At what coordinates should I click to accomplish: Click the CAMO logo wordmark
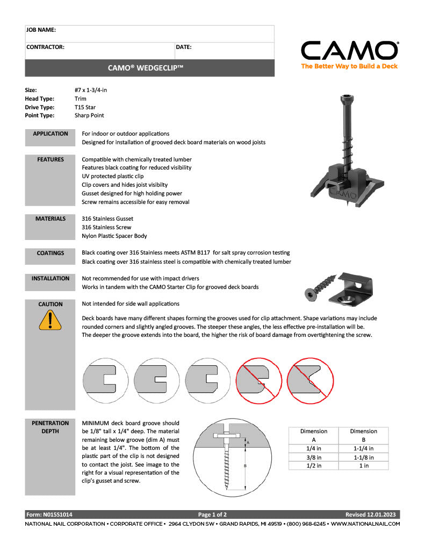349,51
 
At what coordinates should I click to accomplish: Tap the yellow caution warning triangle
50,320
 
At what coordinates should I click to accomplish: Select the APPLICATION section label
51,134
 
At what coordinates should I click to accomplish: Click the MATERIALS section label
51,219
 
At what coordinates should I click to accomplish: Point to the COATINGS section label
51,253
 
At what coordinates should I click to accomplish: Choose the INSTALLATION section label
51,279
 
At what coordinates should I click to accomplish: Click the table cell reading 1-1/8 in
364,457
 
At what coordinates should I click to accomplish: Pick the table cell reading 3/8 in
314,457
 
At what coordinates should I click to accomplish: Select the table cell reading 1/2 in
314,466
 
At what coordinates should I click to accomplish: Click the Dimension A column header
314,435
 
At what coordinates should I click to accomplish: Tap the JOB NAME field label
41,30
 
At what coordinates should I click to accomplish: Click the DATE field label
184,47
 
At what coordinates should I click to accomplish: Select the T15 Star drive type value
85,107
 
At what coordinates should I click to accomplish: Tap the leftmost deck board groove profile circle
105,380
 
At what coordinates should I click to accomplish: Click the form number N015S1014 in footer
49,514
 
